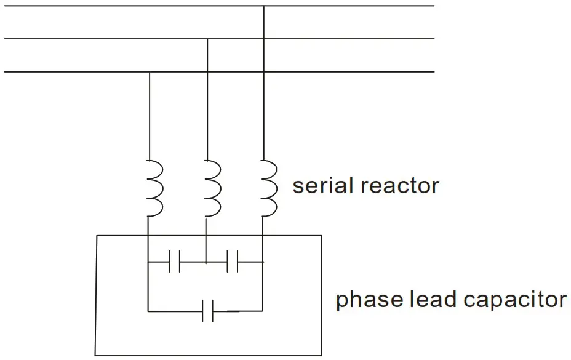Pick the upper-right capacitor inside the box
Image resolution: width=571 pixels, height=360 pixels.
tap(233, 262)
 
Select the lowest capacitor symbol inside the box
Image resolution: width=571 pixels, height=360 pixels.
tap(208, 311)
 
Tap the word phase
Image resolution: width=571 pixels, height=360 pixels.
tap(369, 300)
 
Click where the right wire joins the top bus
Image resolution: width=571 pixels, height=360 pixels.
tap(263, 6)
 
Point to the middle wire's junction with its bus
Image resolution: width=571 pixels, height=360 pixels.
tap(207, 39)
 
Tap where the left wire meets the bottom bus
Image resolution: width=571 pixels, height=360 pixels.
tap(149, 73)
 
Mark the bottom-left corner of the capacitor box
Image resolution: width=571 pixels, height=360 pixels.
tap(96, 355)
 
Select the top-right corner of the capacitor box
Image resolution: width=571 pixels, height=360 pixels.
tap(322, 236)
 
